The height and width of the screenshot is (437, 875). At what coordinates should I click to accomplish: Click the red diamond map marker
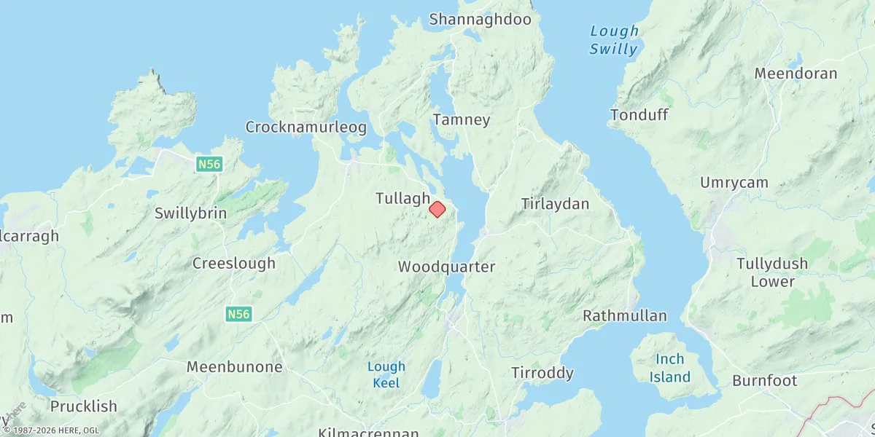(437, 209)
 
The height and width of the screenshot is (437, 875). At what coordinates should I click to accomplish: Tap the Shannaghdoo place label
(480, 20)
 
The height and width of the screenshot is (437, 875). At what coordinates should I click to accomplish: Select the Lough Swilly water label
(614, 40)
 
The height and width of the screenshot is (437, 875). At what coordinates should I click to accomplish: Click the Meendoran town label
(796, 74)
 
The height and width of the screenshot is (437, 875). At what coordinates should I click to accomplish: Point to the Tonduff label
(639, 115)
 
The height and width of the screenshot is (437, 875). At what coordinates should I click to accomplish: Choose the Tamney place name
(461, 119)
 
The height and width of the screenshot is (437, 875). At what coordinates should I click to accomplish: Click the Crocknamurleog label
(306, 127)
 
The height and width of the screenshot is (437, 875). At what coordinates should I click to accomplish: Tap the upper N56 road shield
(209, 165)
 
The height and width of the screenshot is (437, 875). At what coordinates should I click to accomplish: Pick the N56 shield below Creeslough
(238, 314)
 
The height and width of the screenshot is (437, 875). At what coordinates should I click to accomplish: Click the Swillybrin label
(190, 213)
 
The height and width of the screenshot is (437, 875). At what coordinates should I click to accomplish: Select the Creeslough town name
(234, 263)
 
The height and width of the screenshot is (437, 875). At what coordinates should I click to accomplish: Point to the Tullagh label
(402, 198)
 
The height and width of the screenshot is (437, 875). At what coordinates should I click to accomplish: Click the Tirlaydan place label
(555, 204)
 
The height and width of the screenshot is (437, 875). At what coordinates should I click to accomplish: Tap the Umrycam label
(734, 183)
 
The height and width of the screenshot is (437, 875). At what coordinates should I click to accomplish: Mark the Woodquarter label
(446, 267)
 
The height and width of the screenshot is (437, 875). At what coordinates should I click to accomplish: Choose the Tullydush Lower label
(772, 272)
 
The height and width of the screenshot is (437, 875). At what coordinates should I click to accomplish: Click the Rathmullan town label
(624, 315)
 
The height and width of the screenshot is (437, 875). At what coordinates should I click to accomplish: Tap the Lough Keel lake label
(386, 374)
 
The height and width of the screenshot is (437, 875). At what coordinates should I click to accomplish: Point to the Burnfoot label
(764, 380)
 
